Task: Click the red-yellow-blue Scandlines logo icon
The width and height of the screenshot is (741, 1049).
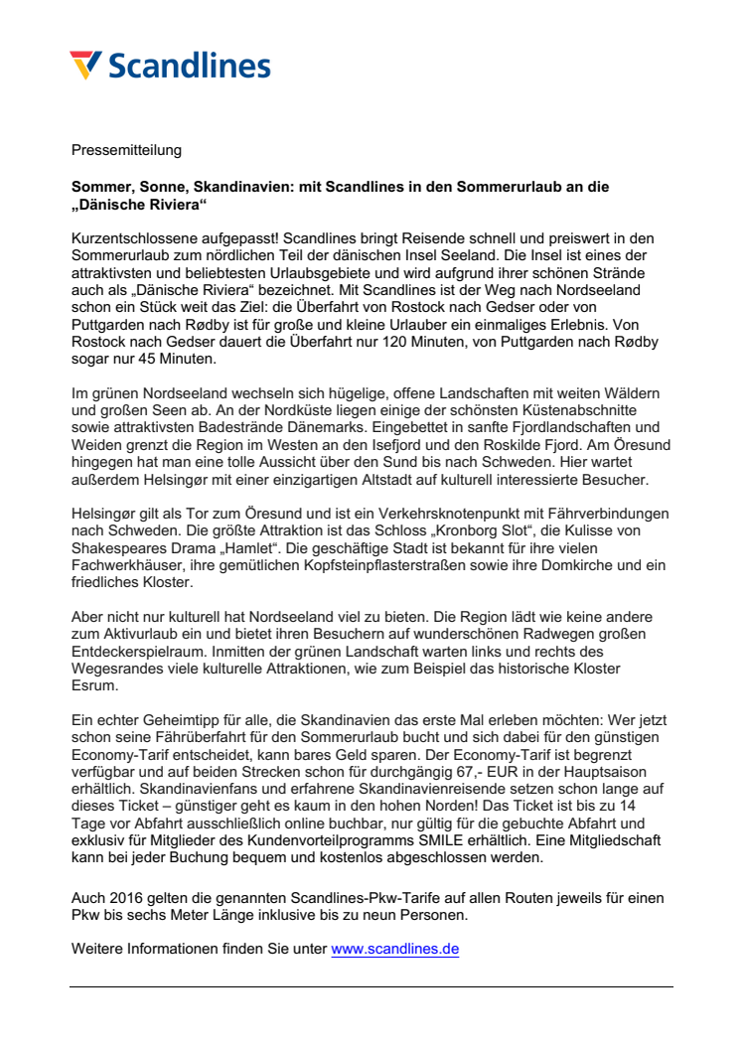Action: [86, 65]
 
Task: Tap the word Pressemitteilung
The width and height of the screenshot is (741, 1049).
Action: [126, 150]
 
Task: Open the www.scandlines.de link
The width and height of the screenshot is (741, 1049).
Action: [394, 949]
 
